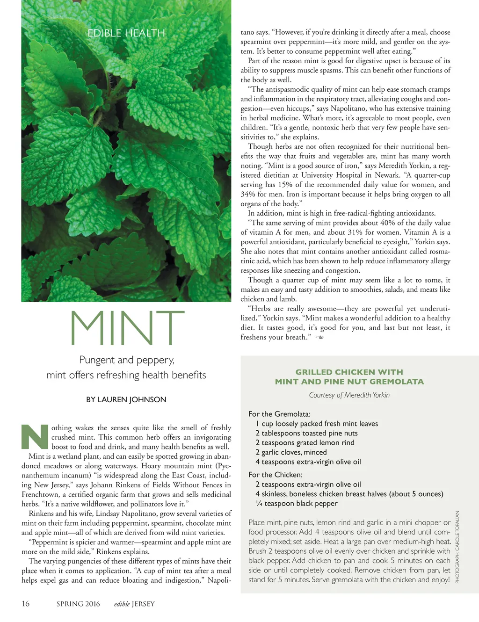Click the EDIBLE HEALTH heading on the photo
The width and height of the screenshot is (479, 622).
[126, 33]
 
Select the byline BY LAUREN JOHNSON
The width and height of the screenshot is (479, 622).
[126, 400]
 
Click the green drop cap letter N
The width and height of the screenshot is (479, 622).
[35, 437]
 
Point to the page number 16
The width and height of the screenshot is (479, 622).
[26, 604]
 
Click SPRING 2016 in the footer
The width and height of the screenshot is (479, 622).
[78, 604]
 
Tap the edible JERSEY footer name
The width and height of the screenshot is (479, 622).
[134, 604]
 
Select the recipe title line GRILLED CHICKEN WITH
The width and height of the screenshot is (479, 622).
[349, 372]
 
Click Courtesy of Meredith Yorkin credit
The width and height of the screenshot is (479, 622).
[349, 395]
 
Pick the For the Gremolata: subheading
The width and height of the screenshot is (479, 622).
[279, 414]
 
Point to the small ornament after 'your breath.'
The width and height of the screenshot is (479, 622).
[319, 337]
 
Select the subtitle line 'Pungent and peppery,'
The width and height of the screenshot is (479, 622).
[126, 360]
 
